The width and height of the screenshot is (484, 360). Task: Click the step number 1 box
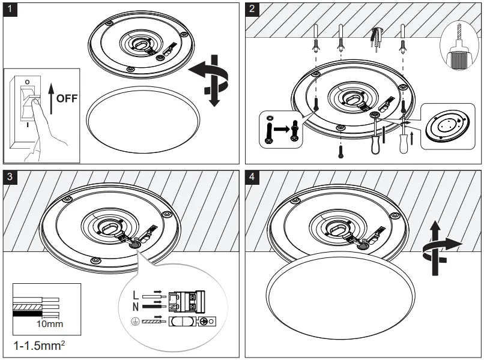(10, 10)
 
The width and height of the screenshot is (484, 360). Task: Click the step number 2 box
(253, 10)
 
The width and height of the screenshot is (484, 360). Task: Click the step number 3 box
(10, 178)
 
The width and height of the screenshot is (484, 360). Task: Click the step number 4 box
(253, 178)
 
